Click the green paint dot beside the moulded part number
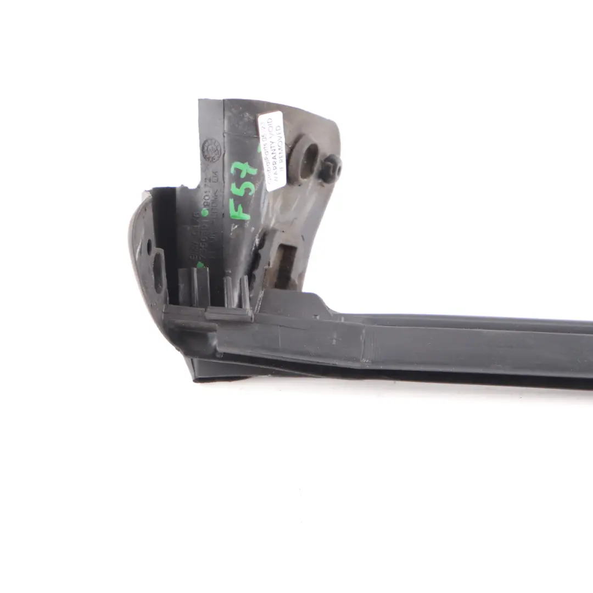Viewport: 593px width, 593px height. [205, 212]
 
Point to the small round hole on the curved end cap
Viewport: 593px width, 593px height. [149, 248]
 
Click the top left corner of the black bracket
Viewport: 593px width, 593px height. [200, 101]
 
